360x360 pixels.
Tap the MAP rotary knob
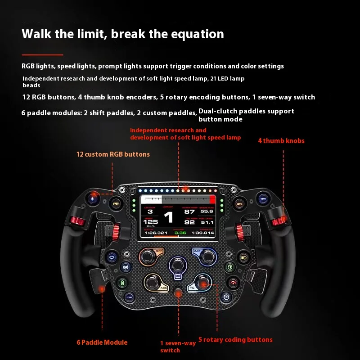pyautogui.click(x=207, y=256)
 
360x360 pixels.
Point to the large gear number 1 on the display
pyautogui.click(x=168, y=218)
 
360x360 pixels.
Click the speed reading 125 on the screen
pyautogui.click(x=150, y=222)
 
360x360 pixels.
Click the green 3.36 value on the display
pyautogui.click(x=180, y=233)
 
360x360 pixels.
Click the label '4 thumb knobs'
pyautogui.click(x=281, y=141)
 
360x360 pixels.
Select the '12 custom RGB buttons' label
pyautogui.click(x=113, y=154)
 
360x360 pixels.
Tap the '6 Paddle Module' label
pyautogui.click(x=102, y=342)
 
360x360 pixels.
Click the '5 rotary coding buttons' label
pyautogui.click(x=235, y=340)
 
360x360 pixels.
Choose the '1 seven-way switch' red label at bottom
pyautogui.click(x=178, y=346)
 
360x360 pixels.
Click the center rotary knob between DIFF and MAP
pyautogui.click(x=178, y=265)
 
